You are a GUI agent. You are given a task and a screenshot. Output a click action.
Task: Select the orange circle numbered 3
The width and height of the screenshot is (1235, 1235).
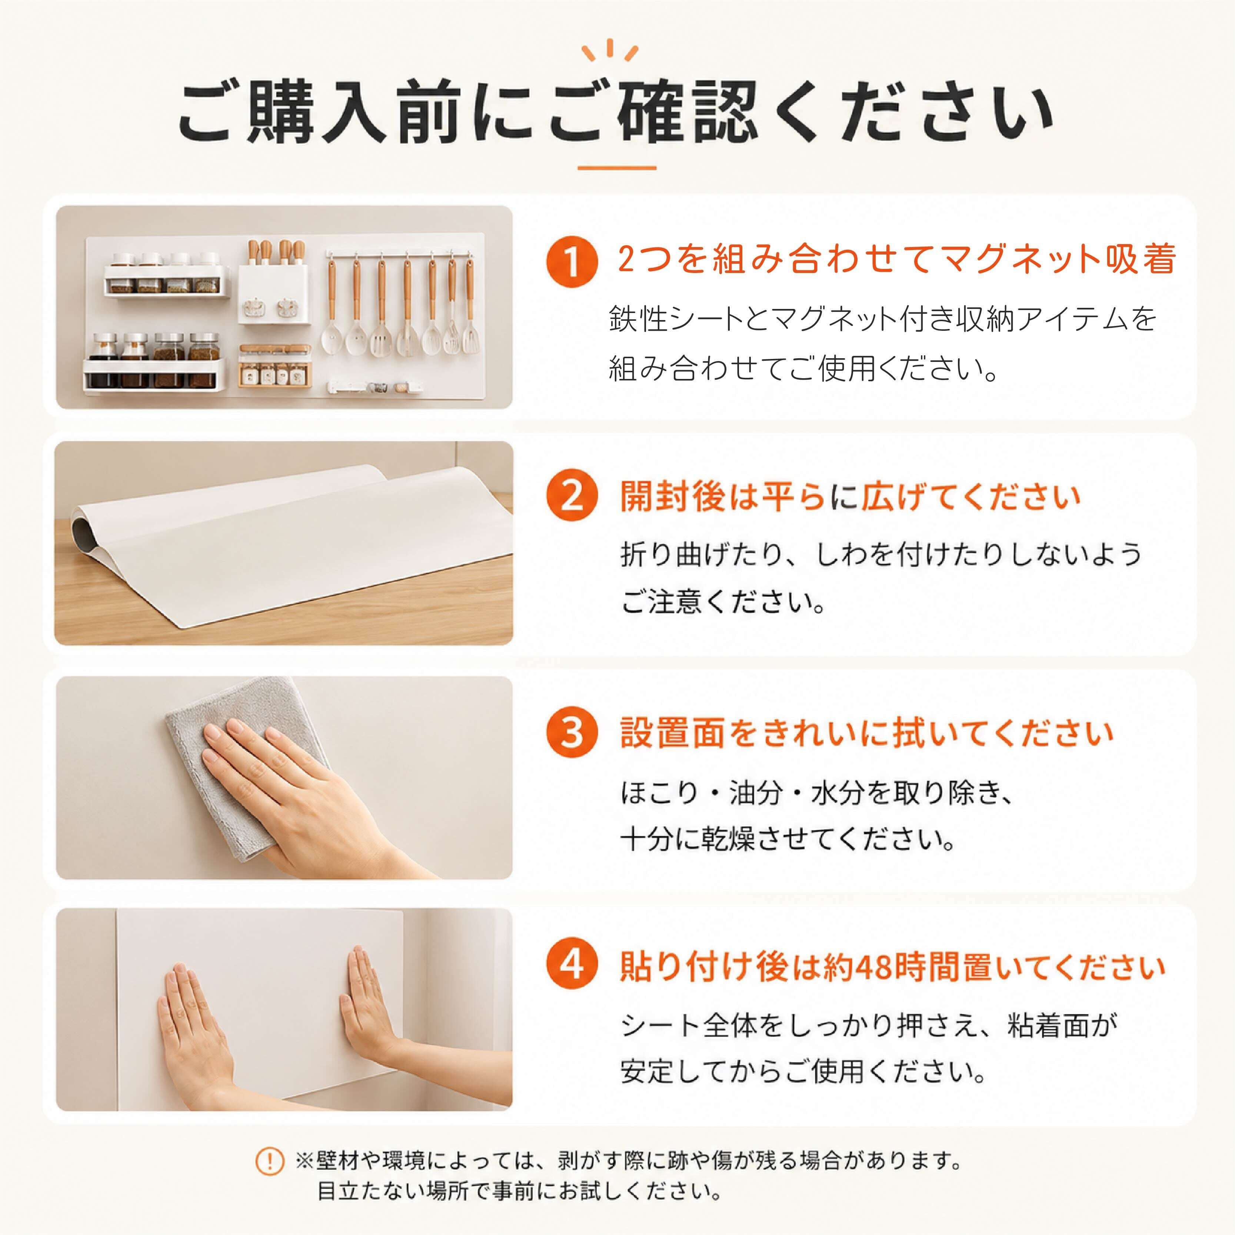click(572, 733)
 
